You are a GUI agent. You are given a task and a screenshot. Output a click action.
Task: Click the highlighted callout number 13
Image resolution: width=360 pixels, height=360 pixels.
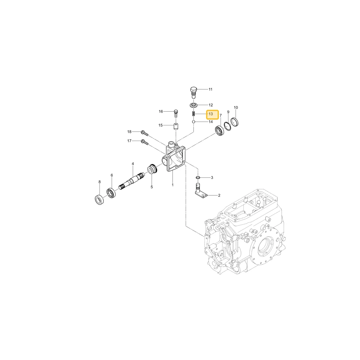point(211,114)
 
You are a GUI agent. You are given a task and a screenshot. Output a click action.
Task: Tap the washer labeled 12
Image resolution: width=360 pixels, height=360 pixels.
point(194,105)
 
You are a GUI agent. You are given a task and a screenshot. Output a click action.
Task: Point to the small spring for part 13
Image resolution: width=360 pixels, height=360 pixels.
point(194,114)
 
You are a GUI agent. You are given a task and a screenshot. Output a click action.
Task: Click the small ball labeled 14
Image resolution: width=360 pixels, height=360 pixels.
point(194,122)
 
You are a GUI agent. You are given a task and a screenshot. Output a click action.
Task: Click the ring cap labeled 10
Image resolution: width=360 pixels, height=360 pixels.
point(234,122)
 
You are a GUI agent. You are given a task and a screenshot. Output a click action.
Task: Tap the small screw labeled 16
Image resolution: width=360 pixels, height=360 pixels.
point(176,113)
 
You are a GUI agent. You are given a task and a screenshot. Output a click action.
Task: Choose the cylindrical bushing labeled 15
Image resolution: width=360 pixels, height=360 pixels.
point(176,126)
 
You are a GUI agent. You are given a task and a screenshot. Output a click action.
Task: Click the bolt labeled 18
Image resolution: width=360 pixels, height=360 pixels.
point(145,133)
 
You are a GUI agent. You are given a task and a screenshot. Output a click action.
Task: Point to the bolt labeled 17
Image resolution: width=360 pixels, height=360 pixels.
point(145,142)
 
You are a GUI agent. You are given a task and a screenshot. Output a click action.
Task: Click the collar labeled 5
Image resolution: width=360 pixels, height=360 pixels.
point(152,169)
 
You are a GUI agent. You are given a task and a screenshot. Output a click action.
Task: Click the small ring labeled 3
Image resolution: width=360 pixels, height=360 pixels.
point(198,177)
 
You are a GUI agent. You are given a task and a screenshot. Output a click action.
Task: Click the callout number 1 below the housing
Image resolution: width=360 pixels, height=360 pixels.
point(173,185)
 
